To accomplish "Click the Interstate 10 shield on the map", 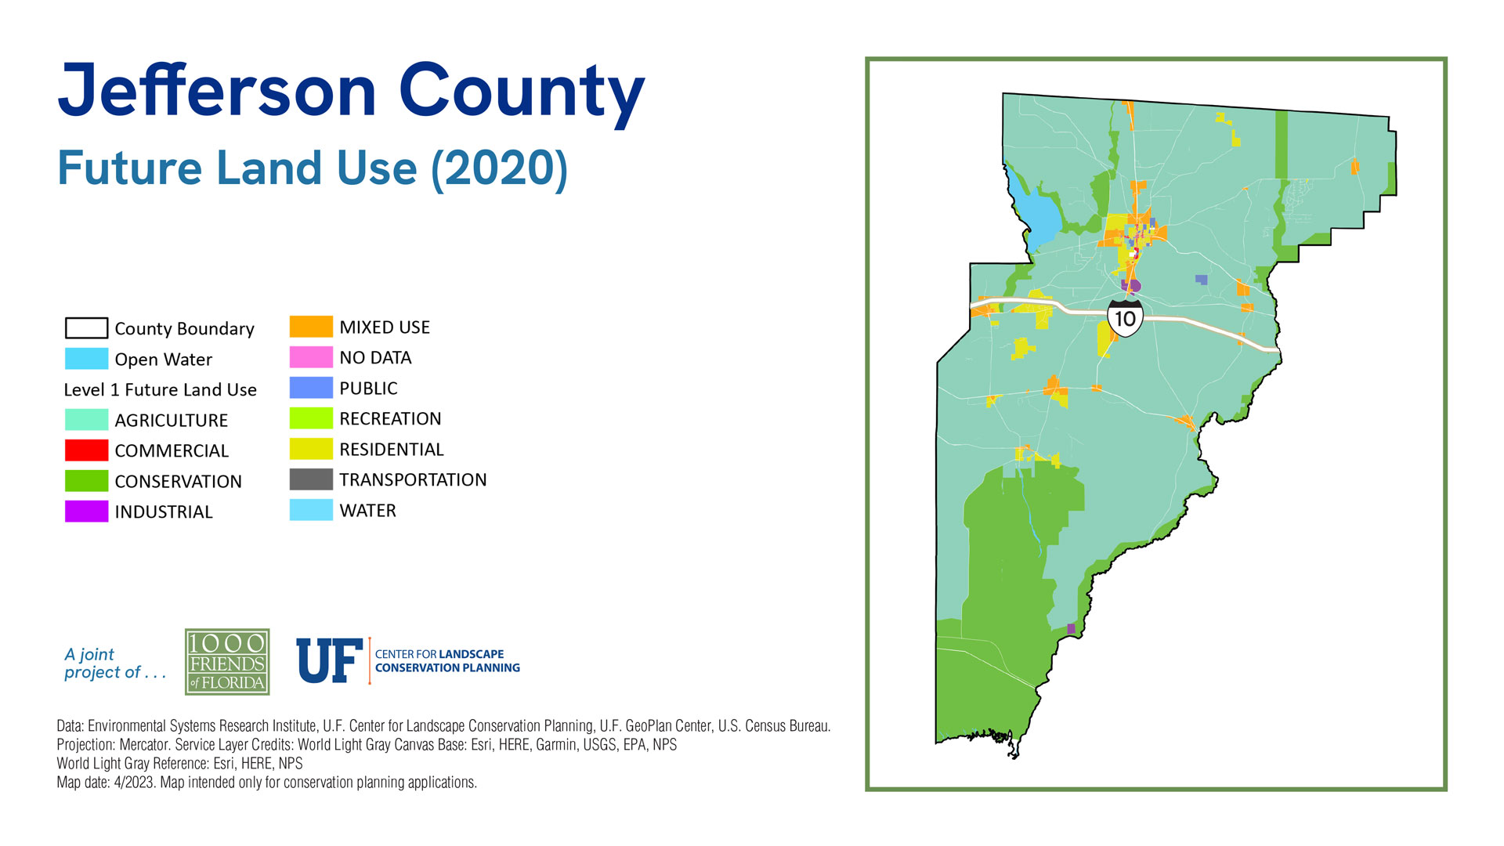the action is (x=1125, y=317).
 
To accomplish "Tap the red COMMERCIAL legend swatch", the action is (x=86, y=450).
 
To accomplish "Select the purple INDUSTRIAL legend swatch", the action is (x=86, y=512).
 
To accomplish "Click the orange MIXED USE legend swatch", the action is (x=311, y=327).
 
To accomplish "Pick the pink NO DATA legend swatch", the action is (x=311, y=357).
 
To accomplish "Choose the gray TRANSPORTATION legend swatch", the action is (x=311, y=479).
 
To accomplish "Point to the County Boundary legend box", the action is (x=86, y=327).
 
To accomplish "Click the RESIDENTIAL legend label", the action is (x=392, y=450).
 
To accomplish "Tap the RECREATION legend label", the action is (x=390, y=419).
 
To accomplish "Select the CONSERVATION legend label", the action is (x=178, y=482).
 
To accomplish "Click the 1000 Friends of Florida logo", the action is (x=227, y=662).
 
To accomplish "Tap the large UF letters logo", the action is (x=330, y=660).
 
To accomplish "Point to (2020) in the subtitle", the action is (x=499, y=168).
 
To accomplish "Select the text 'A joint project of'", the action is (x=115, y=663).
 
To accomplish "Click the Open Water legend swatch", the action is (x=86, y=359).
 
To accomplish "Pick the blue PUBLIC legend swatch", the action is (x=311, y=388).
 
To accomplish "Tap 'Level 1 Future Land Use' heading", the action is (x=160, y=390).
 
